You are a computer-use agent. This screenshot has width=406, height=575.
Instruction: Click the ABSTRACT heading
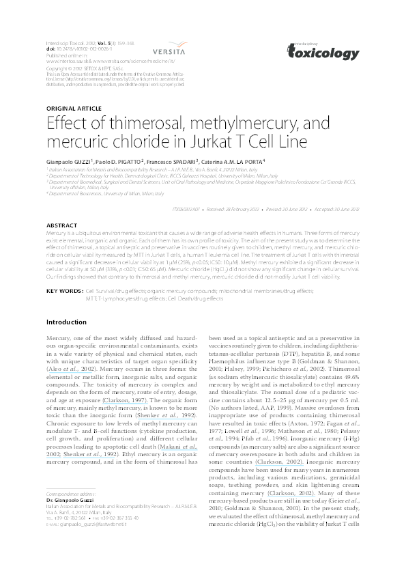tap(61, 225)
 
